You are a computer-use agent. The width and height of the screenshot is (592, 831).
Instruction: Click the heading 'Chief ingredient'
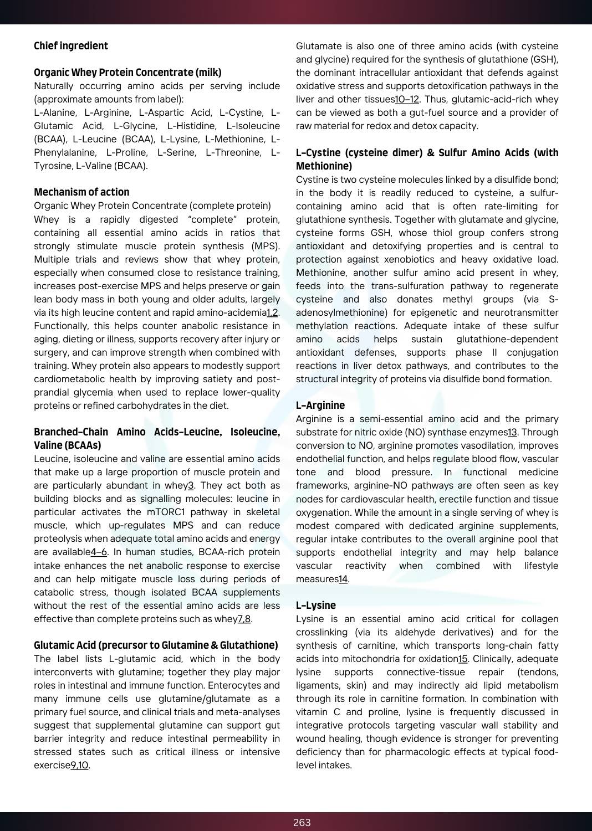(x=71, y=46)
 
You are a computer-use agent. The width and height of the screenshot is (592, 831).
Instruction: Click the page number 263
(x=302, y=822)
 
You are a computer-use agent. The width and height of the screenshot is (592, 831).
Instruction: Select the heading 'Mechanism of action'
(x=81, y=192)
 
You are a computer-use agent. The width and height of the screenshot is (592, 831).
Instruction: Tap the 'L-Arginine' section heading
(x=320, y=406)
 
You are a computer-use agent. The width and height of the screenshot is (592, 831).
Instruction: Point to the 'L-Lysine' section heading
(x=316, y=606)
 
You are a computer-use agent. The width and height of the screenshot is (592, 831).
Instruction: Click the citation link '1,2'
(x=272, y=313)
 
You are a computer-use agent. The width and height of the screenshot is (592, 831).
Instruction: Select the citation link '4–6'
(x=99, y=552)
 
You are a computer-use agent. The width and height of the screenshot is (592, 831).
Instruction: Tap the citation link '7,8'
(x=244, y=619)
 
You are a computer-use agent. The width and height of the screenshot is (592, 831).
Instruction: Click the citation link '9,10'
(x=79, y=765)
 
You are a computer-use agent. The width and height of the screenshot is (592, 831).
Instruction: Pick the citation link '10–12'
(x=407, y=100)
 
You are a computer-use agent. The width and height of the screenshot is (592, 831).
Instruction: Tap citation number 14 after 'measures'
(x=343, y=579)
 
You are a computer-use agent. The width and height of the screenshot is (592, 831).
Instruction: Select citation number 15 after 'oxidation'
(x=463, y=659)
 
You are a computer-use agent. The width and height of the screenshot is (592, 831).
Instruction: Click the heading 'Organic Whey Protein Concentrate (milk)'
(x=127, y=73)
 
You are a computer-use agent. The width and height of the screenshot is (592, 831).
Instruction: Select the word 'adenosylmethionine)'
(x=341, y=313)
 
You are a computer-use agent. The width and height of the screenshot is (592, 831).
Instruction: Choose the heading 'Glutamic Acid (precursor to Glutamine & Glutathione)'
(x=156, y=645)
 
